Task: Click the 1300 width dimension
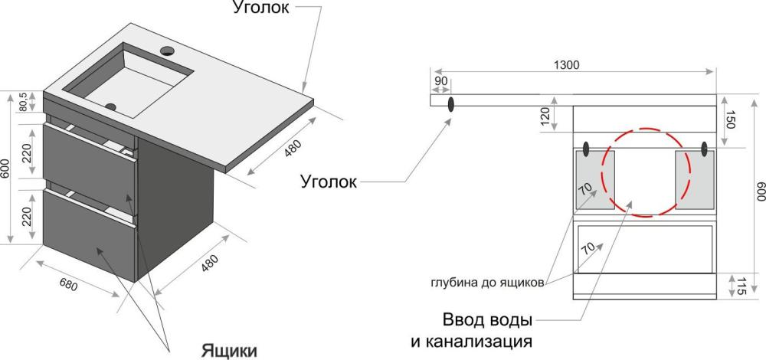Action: tap(567, 64)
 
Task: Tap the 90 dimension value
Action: tap(440, 81)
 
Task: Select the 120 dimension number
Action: tap(545, 116)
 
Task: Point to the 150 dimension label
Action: tap(729, 119)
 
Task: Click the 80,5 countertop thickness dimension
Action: tap(24, 101)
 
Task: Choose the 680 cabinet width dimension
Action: tap(68, 284)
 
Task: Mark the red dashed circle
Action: tap(602, 174)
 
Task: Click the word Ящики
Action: tap(229, 351)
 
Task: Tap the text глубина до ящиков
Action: tap(487, 283)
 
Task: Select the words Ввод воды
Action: tap(487, 321)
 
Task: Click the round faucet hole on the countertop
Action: tap(168, 50)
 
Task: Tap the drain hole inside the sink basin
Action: tap(111, 106)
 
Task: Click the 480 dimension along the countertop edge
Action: tap(293, 148)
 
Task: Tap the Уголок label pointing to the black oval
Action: tap(329, 182)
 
